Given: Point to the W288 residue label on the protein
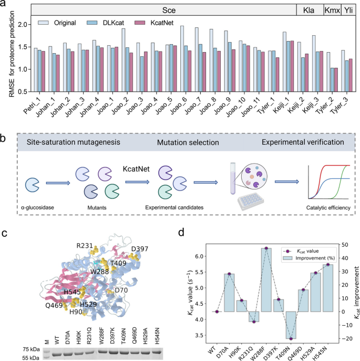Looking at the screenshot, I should (x=99, y=271).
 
